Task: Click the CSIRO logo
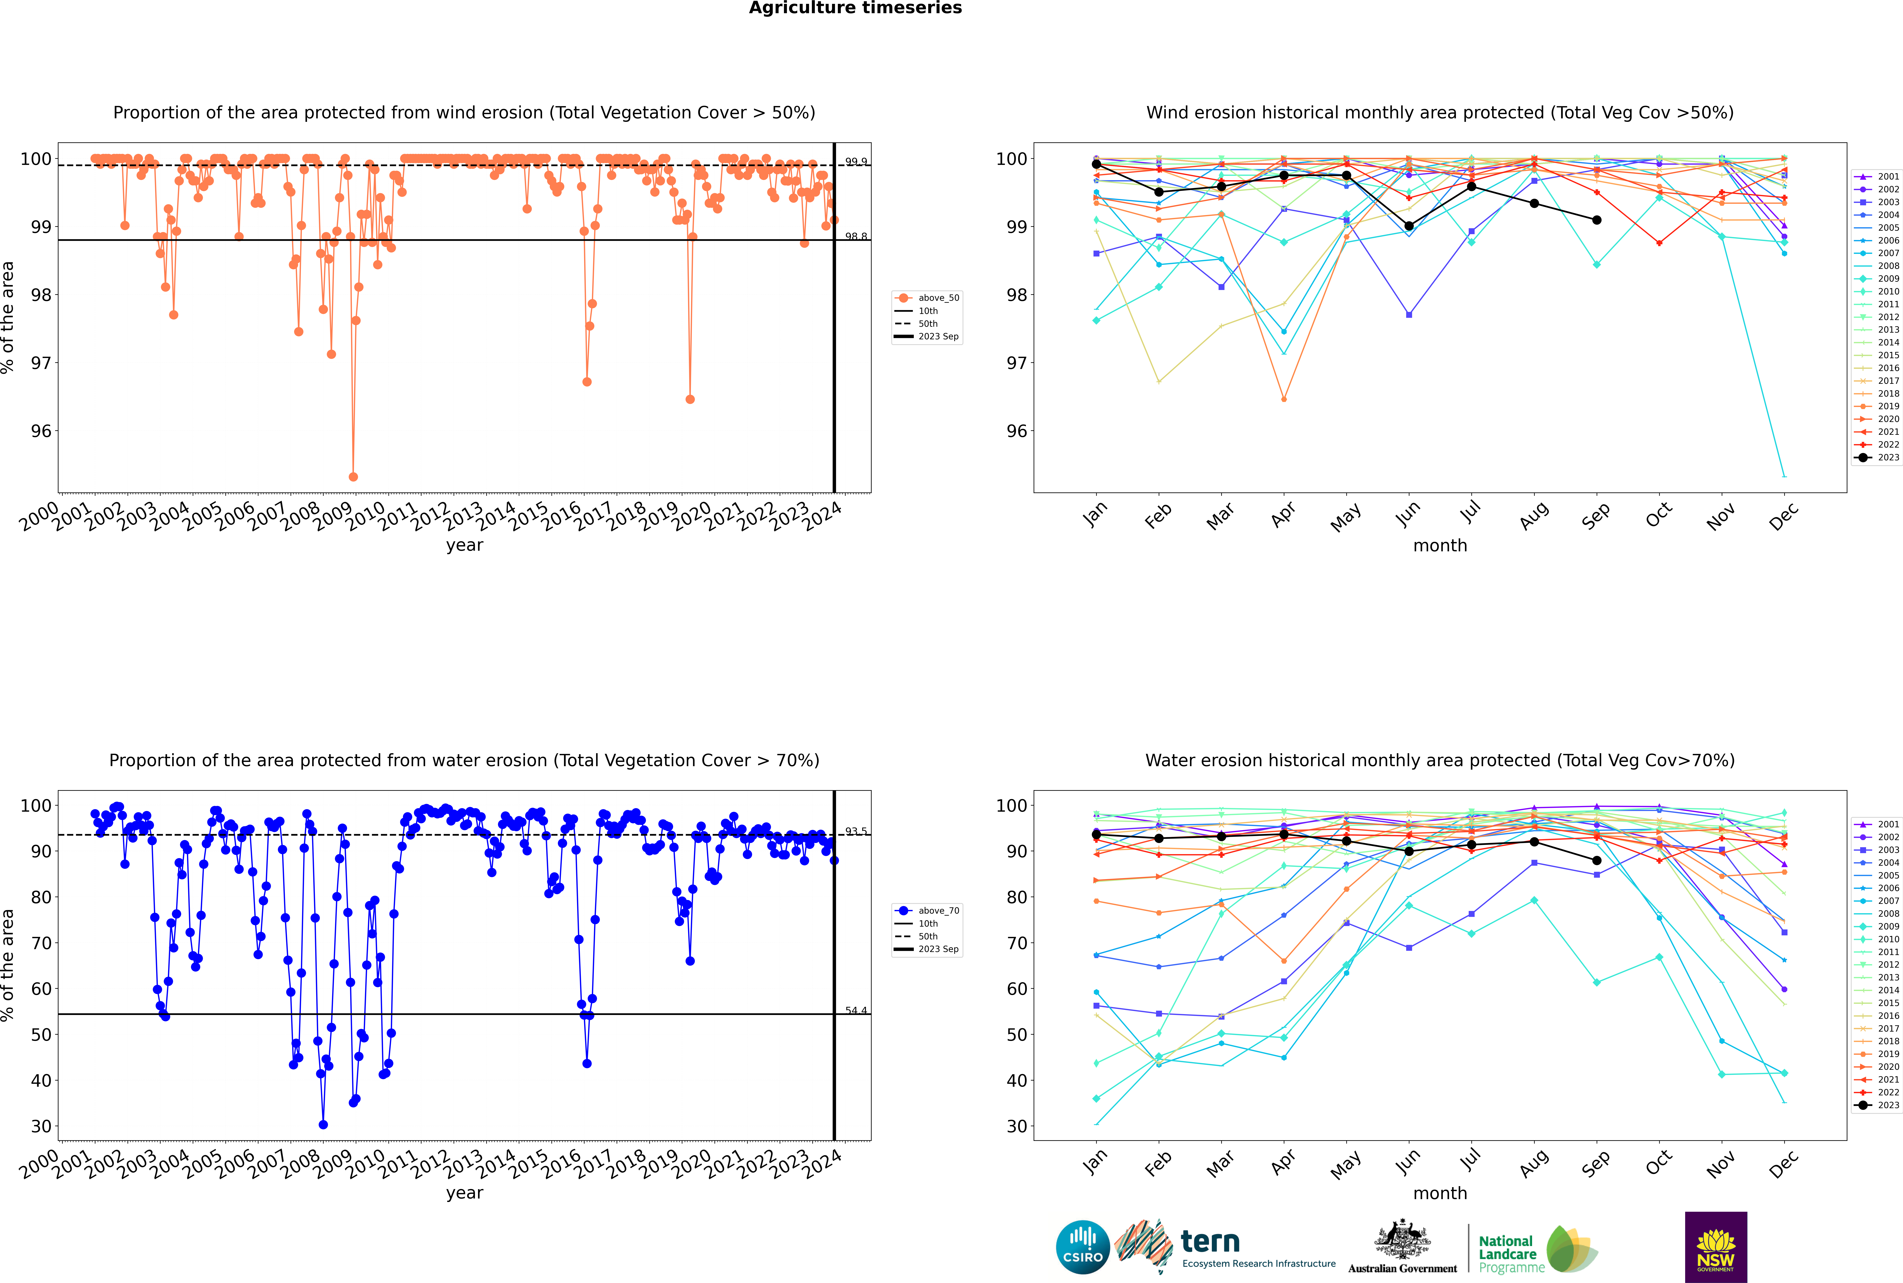[x=1082, y=1247]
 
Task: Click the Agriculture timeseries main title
[x=855, y=8]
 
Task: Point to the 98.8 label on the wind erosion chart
[x=856, y=236]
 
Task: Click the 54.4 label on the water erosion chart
[x=856, y=1010]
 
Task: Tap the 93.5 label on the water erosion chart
[x=856, y=831]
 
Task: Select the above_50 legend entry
[x=938, y=298]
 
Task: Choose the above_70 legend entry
[x=938, y=911]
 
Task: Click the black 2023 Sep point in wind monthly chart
[x=1596, y=220]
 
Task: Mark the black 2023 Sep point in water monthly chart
[x=1596, y=861]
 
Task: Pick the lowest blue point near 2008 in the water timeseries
[x=323, y=1124]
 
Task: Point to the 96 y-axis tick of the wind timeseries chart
[x=41, y=431]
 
